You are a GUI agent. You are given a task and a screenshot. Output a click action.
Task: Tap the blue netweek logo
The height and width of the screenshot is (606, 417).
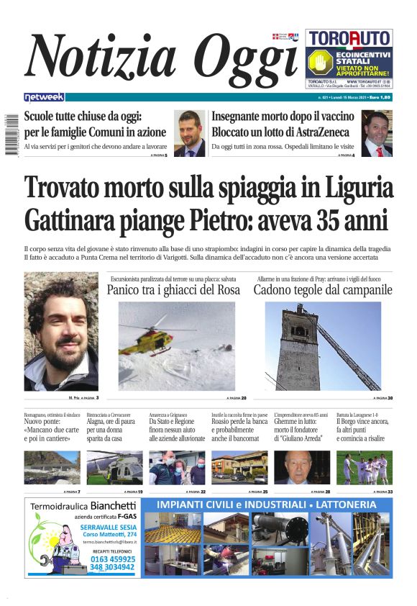click(44, 96)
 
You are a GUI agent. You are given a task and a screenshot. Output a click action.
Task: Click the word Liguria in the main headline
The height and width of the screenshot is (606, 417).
click(353, 188)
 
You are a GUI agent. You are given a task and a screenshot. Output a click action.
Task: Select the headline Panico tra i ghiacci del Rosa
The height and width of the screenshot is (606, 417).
click(173, 290)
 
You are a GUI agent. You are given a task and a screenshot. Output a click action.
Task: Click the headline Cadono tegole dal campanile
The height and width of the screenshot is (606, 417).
click(323, 290)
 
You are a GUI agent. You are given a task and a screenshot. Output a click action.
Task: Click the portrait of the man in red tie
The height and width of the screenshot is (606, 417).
click(377, 134)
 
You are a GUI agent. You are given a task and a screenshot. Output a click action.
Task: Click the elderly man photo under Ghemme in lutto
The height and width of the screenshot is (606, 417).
click(302, 467)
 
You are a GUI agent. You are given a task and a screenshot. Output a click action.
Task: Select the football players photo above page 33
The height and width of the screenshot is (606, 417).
click(365, 467)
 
